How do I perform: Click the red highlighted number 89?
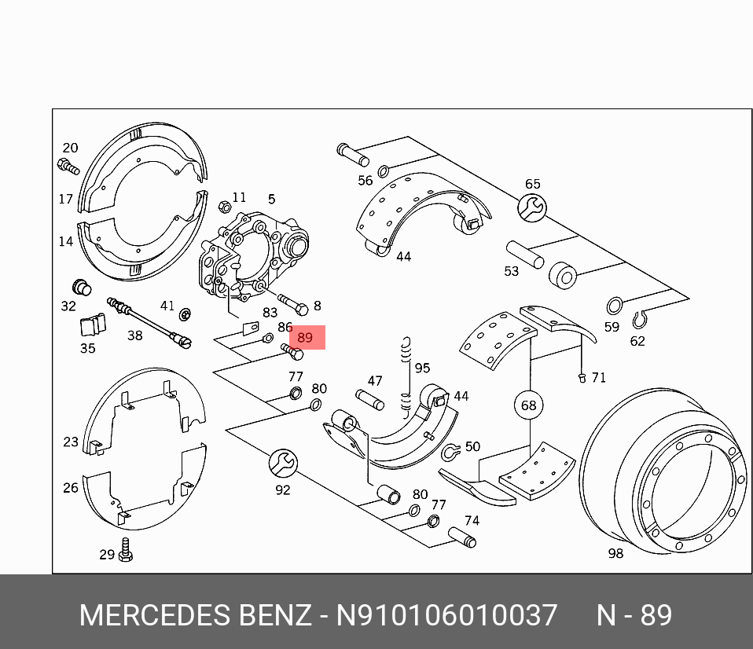tap(306, 338)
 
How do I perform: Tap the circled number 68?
tap(528, 405)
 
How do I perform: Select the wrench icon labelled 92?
tap(282, 464)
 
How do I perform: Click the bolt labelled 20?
tap(68, 166)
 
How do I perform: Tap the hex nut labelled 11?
tap(222, 207)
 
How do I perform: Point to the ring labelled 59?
tap(615, 306)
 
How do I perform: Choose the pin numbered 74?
tap(461, 537)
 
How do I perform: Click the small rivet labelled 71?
tap(582, 377)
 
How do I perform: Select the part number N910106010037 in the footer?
tap(446, 615)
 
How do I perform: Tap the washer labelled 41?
tap(185, 315)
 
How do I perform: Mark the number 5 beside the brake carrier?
tap(271, 200)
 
